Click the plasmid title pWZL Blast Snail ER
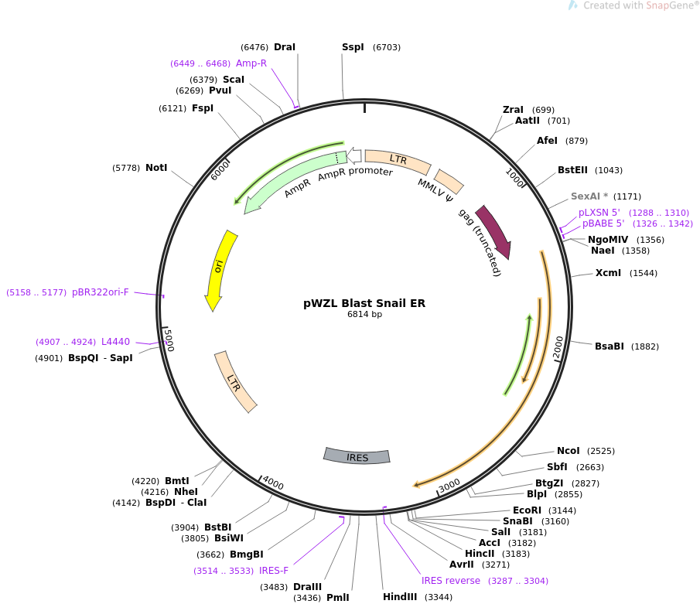coord(364,303)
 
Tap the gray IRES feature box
coord(357,456)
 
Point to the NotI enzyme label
coord(156,167)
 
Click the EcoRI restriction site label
coord(527,510)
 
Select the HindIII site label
coord(400,597)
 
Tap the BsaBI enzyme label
coord(610,346)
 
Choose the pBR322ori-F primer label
coord(101,292)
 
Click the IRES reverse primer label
coord(451,581)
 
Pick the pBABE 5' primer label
coord(603,224)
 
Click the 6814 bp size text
coord(364,315)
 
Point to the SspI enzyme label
coord(353,47)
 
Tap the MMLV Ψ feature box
coord(449,182)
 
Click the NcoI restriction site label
coord(569,451)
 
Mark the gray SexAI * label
coord(589,196)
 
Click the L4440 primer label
coord(115,342)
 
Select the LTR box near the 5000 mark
coord(236,381)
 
